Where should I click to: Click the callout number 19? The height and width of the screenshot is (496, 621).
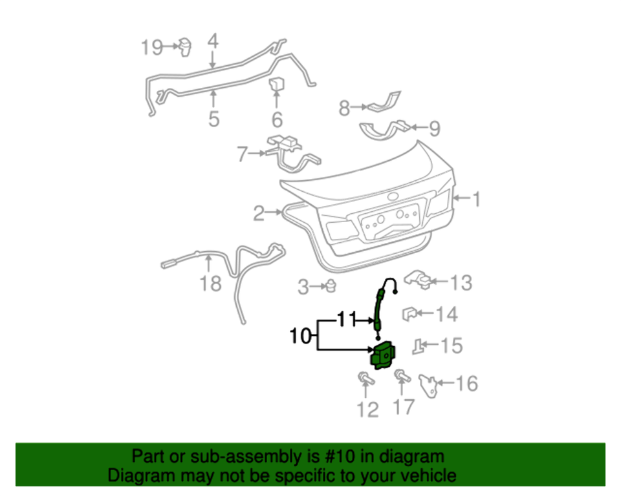point(153,46)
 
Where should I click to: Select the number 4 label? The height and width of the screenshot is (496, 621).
point(213,42)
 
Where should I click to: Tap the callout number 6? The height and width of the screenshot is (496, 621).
point(277,119)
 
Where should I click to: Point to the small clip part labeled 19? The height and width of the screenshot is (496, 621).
point(188,46)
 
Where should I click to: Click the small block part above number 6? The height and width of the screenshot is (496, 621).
point(277,85)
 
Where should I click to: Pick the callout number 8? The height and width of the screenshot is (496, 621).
point(345,108)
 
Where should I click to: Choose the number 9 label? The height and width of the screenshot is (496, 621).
point(433,129)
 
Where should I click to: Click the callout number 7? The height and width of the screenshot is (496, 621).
point(243,155)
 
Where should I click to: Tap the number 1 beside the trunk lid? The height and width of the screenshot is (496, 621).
point(476,199)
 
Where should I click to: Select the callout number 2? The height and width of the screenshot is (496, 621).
point(259,213)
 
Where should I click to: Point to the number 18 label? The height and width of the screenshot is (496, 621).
point(211,283)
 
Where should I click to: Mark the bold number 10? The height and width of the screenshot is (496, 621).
point(300,336)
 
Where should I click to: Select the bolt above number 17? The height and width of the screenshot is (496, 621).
point(400,375)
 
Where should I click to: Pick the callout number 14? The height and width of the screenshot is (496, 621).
point(446,315)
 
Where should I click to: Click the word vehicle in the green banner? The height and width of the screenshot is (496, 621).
point(426,477)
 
